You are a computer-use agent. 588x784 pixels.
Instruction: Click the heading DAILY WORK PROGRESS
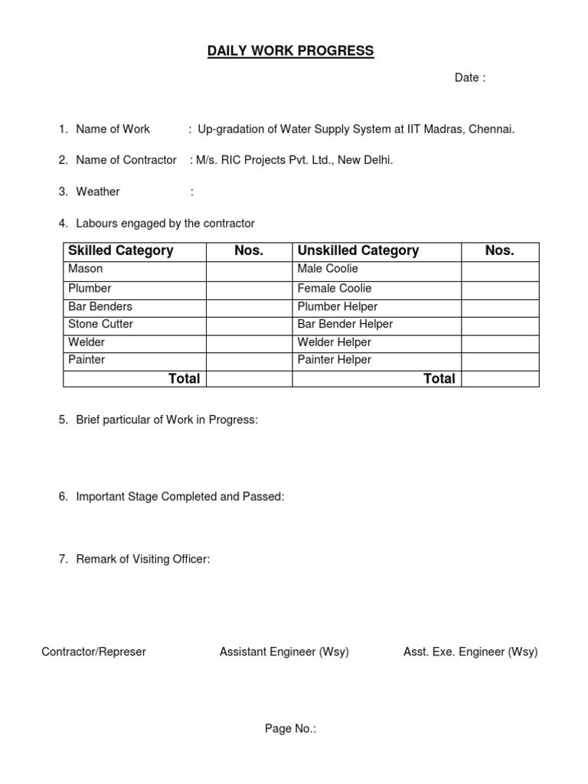pyautogui.click(x=290, y=51)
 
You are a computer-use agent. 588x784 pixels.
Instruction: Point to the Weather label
pyautogui.click(x=98, y=191)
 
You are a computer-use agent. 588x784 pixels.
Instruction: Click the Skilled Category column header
pyautogui.click(x=121, y=251)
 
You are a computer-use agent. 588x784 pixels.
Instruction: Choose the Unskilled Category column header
pyautogui.click(x=358, y=251)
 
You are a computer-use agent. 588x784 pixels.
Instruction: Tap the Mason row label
pyautogui.click(x=86, y=269)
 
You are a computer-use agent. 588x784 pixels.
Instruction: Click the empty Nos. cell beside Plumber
pyautogui.click(x=249, y=289)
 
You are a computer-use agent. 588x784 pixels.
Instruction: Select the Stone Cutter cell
pyautogui.click(x=100, y=324)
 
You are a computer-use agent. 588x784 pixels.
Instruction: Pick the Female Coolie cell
pyautogui.click(x=335, y=289)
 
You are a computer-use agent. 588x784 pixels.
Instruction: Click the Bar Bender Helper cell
pyautogui.click(x=345, y=324)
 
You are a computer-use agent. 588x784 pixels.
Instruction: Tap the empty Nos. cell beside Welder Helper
pyautogui.click(x=500, y=342)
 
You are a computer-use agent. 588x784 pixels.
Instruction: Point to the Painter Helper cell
pyautogui.click(x=335, y=360)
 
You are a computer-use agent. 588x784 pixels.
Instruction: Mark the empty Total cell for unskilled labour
pyautogui.click(x=500, y=378)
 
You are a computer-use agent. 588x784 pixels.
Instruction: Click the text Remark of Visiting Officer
pyautogui.click(x=143, y=560)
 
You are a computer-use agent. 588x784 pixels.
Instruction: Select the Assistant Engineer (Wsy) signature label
pyautogui.click(x=284, y=652)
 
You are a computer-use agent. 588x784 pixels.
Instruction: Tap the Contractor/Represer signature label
pyautogui.click(x=93, y=652)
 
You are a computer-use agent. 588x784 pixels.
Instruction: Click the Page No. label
pyautogui.click(x=290, y=729)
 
